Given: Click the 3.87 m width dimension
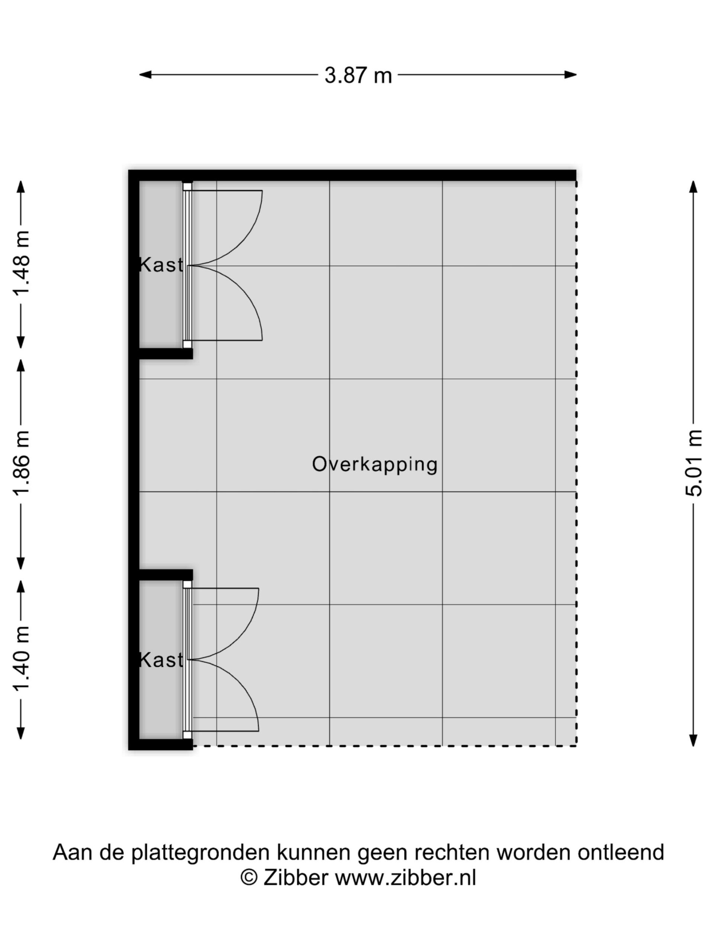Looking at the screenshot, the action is (x=358, y=75).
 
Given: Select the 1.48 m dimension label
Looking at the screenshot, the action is (x=21, y=263).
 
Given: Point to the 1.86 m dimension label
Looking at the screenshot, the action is (x=21, y=463).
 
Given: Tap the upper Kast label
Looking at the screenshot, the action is (x=161, y=265).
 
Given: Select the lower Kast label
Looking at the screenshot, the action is (x=161, y=660).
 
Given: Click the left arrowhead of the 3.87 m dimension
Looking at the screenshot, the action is (x=145, y=75).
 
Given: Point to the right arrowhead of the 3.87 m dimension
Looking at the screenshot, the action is (x=571, y=75).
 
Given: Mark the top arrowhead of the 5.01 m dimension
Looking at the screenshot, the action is (x=693, y=186).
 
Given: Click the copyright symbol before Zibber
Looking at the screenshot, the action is (x=249, y=878).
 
